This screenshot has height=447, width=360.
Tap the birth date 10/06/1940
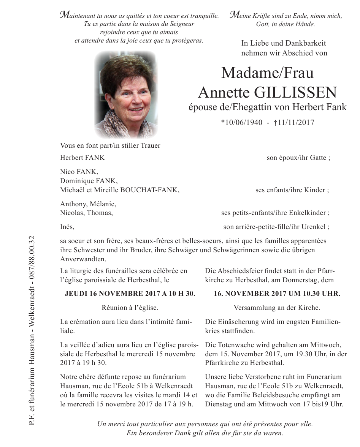coord(242,123)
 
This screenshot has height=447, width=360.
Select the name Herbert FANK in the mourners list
coord(82,158)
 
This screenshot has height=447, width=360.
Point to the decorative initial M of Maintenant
coord(65,16)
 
